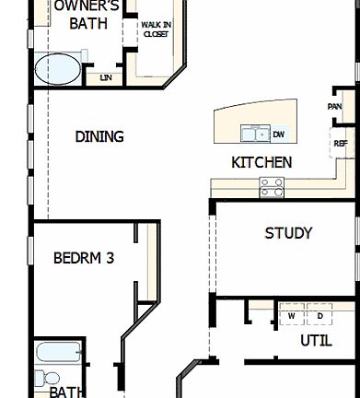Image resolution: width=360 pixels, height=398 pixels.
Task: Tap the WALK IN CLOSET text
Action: tap(156, 29)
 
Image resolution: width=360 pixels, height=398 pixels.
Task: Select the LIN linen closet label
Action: tap(106, 78)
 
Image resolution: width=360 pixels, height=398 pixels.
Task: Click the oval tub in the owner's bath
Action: tap(58, 69)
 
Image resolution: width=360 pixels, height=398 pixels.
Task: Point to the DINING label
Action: tap(99, 137)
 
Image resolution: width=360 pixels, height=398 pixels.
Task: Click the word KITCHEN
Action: tap(261, 162)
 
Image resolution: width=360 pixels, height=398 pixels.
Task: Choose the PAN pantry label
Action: tap(335, 106)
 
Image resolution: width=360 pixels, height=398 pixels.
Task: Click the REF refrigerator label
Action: tap(340, 143)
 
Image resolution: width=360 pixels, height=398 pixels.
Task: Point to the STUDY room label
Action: tap(288, 233)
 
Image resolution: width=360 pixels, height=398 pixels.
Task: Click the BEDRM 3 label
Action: tap(83, 258)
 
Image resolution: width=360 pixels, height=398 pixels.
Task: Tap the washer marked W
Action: tap(291, 316)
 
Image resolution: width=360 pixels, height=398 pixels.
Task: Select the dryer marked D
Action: tap(319, 316)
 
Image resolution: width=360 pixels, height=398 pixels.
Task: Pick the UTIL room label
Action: tap(316, 341)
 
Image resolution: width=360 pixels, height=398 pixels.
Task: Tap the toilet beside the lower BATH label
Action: tap(51, 379)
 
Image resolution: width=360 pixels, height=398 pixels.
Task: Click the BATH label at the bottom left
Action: tap(67, 392)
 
